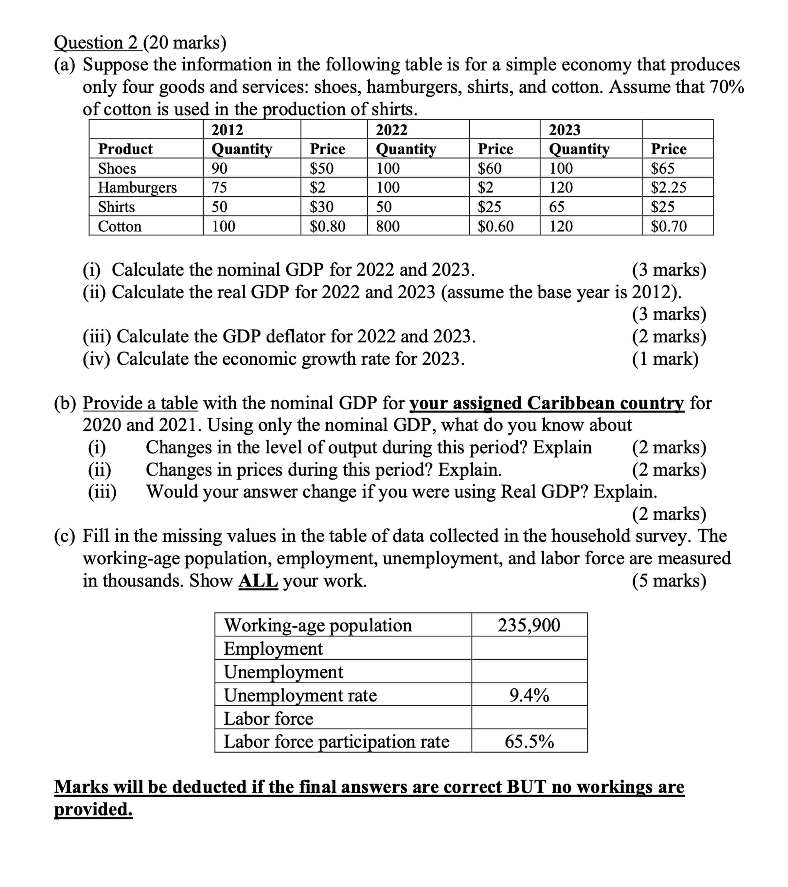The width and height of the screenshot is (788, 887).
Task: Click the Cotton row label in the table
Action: tap(120, 226)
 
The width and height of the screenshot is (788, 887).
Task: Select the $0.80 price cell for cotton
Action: tap(327, 226)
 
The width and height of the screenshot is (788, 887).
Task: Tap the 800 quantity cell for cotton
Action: tap(388, 226)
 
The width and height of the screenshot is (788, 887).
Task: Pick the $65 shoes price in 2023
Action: tap(663, 168)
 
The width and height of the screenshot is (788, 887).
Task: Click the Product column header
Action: tap(125, 149)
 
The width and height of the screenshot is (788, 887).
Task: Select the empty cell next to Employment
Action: tap(529, 648)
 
